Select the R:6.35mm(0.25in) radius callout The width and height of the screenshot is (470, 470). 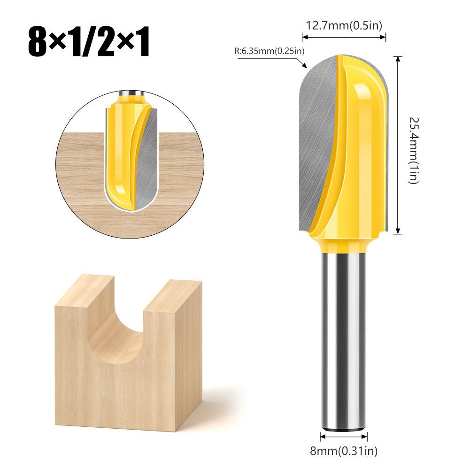point(269,51)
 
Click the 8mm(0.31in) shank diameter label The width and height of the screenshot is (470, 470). point(344,451)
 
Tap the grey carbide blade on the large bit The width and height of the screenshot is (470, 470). point(317,141)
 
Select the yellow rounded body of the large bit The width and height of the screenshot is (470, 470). point(362,155)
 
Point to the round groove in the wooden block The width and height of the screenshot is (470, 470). point(128,329)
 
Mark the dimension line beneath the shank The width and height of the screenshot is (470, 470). point(344,436)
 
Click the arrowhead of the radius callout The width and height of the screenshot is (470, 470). point(305,65)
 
